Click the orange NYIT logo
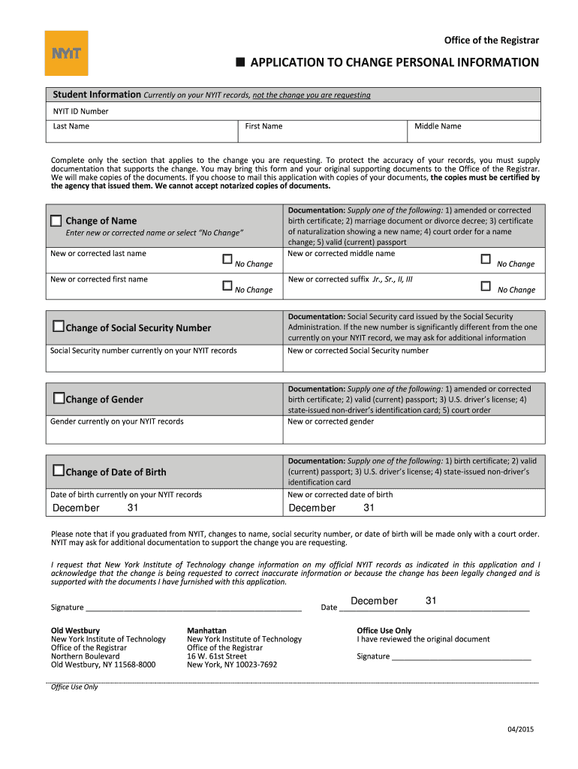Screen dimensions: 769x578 [66, 53]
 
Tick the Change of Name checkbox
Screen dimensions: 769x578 [56, 221]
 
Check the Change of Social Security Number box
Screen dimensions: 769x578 [59, 327]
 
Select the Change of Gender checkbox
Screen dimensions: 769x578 [59, 399]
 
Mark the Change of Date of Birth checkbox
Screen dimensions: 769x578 [59, 472]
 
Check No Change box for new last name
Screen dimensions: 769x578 [227, 259]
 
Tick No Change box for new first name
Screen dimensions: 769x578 [227, 285]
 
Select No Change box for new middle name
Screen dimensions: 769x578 [485, 259]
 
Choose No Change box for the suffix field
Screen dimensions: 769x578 [485, 285]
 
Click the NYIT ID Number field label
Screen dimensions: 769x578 [80, 111]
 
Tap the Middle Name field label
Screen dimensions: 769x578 [438, 126]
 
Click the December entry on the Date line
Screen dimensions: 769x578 [374, 602]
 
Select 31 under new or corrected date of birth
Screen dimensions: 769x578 [369, 508]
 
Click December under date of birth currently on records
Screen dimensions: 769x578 [76, 508]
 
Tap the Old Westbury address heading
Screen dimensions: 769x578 [75, 630]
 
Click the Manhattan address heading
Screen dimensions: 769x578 [206, 630]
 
